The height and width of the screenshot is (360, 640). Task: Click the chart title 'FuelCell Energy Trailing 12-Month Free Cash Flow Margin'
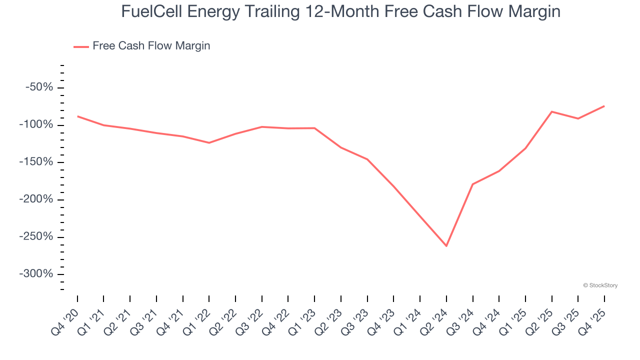[340, 12]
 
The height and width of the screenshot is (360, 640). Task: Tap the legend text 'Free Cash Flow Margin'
[151, 46]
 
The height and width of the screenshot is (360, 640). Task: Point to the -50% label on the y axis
[39, 87]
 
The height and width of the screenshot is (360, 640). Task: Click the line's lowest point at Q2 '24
[446, 246]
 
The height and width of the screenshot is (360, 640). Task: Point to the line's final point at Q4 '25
[604, 106]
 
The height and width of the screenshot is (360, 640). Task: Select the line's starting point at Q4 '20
[78, 116]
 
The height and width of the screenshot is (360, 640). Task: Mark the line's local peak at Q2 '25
[551, 111]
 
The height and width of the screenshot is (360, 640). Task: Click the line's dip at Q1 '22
[209, 143]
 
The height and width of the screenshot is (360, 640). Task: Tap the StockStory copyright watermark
[600, 285]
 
